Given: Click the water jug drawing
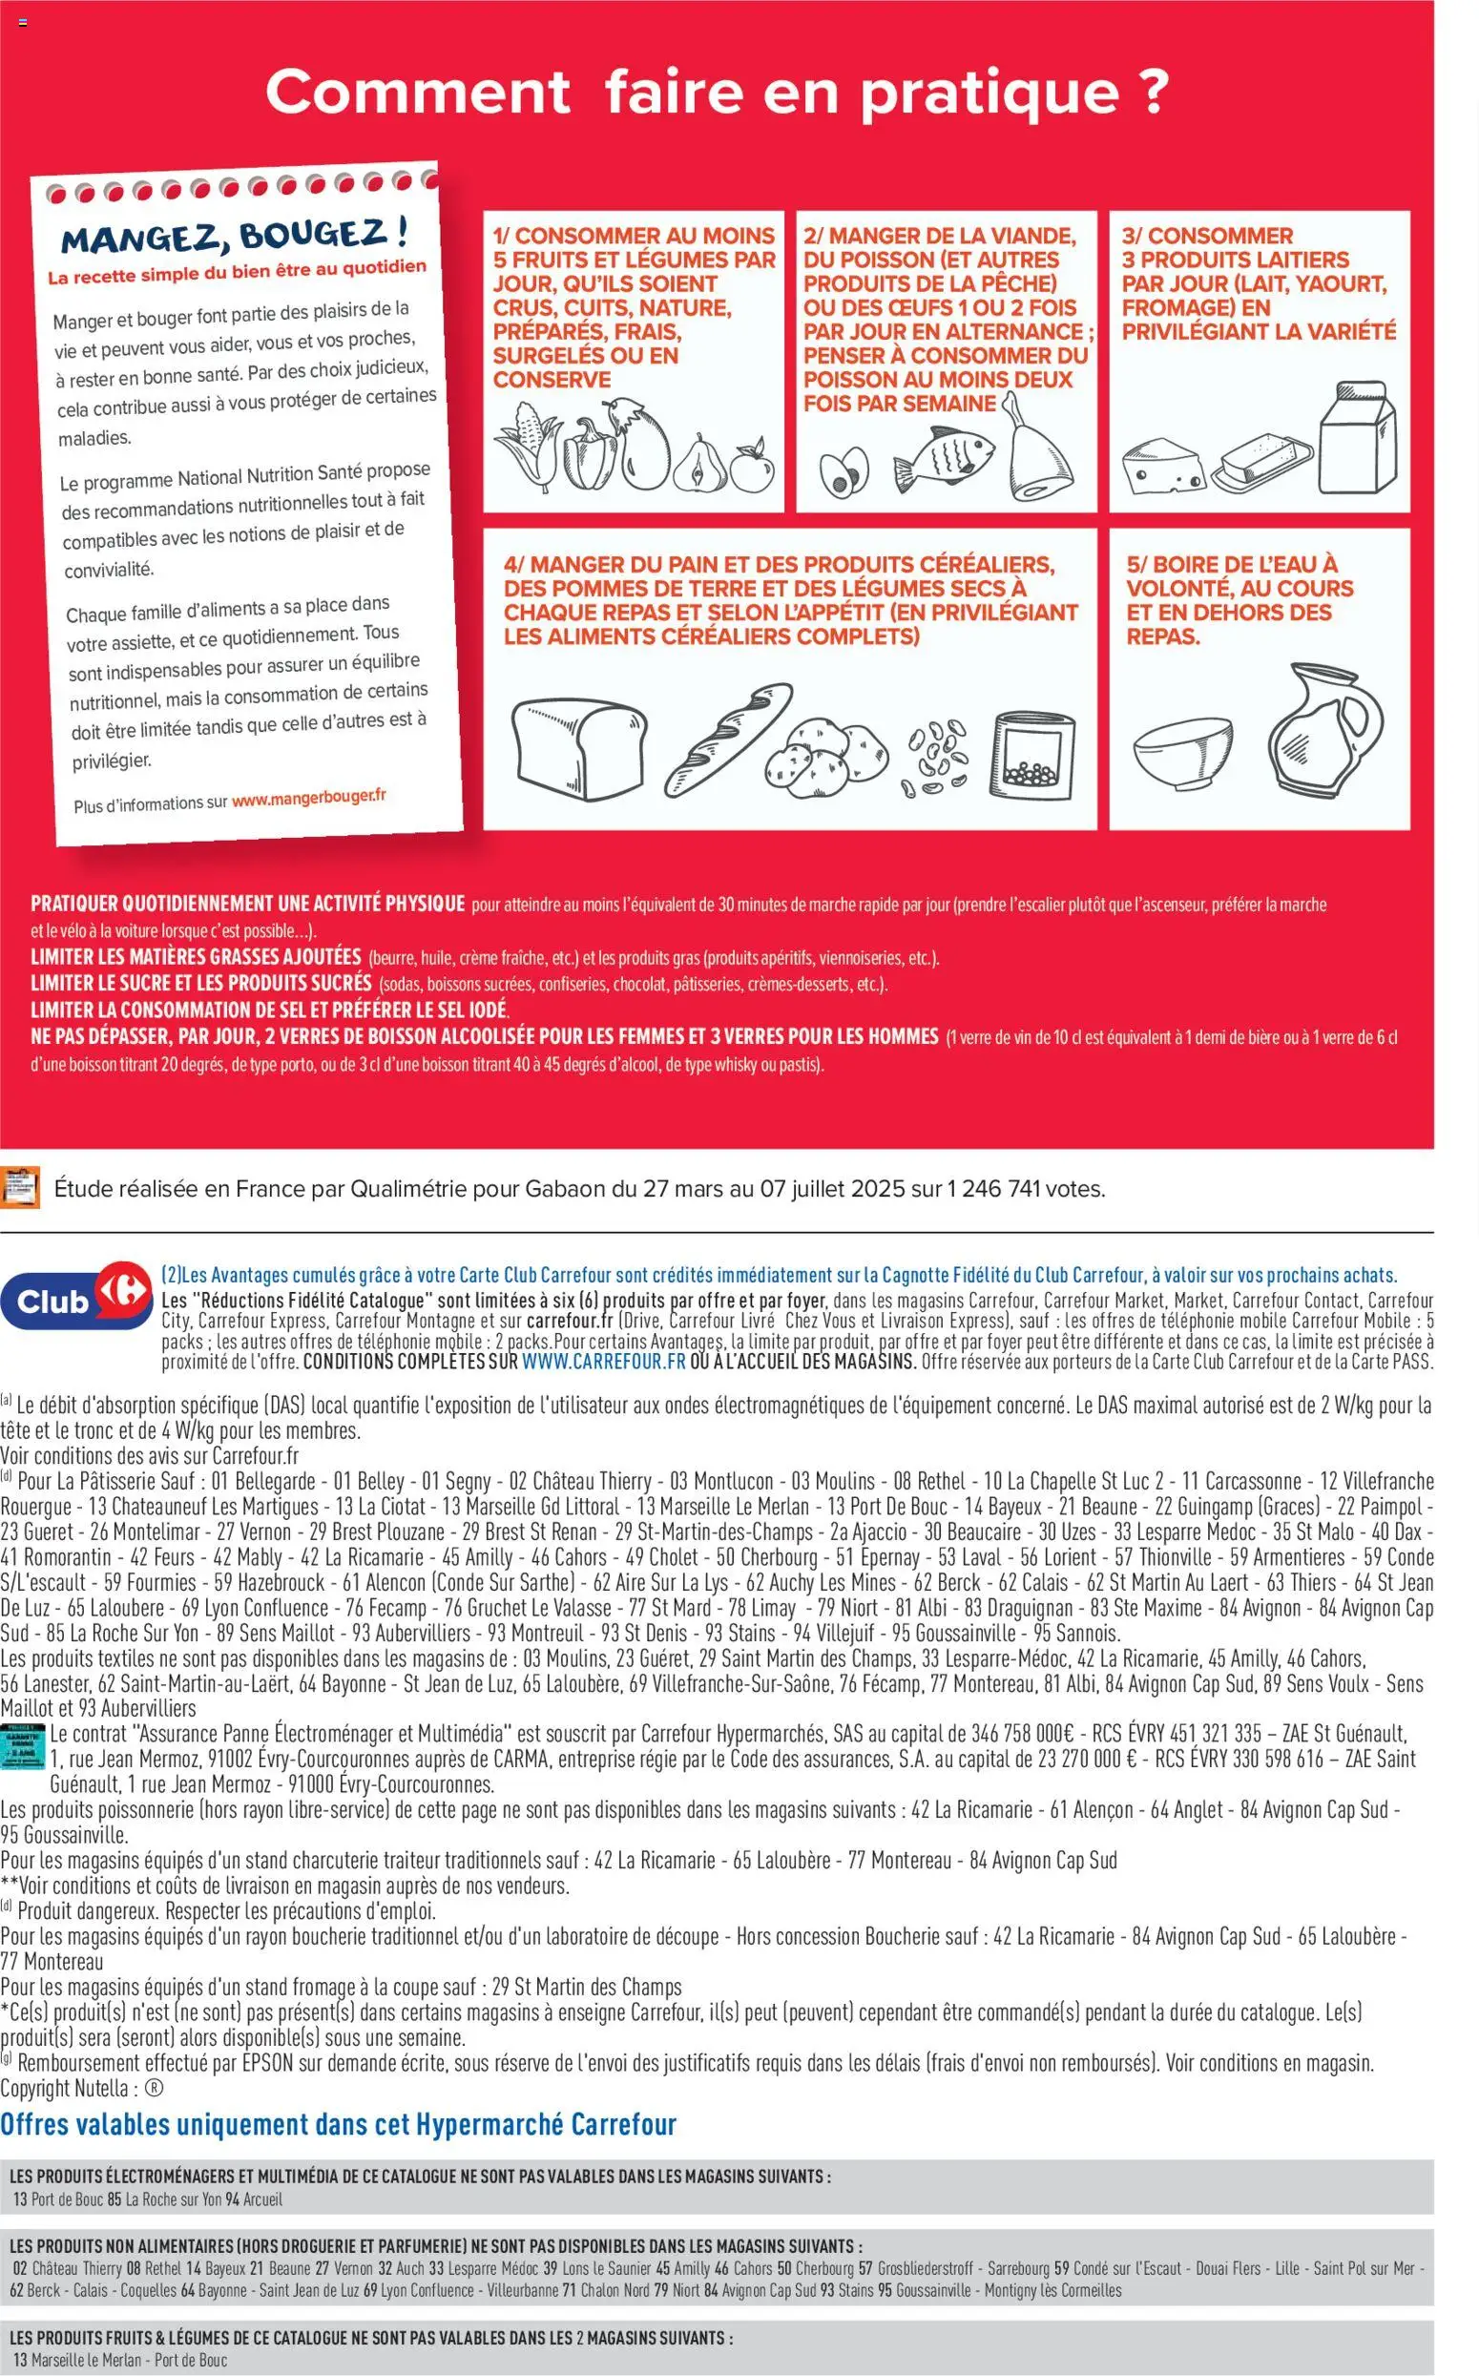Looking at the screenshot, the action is click(1325, 731).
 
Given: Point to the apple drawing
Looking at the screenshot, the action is click(752, 466).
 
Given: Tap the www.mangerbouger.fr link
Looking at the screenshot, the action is click(309, 797).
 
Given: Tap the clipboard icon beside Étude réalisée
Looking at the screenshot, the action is click(21, 1186).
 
